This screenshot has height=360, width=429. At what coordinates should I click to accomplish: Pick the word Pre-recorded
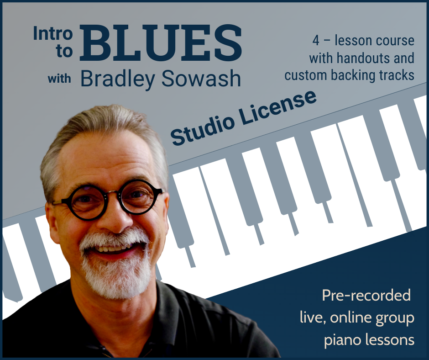pyautogui.click(x=366, y=296)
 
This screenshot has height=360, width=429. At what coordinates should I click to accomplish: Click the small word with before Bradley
pyautogui.click(x=59, y=79)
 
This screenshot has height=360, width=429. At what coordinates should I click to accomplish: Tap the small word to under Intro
pyautogui.click(x=64, y=51)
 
